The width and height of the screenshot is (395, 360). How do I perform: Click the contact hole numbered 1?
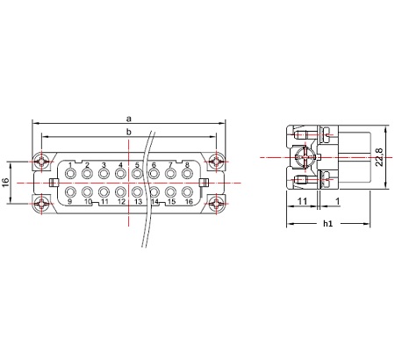(70, 174)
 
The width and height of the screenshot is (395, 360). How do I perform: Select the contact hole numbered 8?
(187, 174)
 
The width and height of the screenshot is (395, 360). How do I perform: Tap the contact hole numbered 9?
(70, 192)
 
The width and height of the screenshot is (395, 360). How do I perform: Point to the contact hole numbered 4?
(120, 174)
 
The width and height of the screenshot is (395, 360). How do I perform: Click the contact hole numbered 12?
(120, 192)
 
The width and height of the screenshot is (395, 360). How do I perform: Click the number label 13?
(138, 202)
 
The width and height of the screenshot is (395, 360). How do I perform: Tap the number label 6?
(154, 165)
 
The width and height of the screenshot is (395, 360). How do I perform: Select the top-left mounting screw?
(42, 161)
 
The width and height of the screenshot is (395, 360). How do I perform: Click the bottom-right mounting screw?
(217, 204)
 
